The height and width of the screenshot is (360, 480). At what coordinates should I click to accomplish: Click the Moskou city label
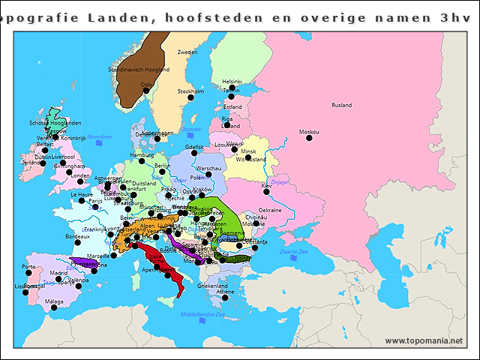click(x=309, y=132)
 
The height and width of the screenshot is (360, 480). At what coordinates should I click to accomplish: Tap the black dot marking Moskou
click(x=308, y=139)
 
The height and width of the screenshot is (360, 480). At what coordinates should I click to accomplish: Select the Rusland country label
click(x=341, y=105)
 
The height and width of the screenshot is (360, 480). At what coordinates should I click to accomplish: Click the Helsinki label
click(x=232, y=81)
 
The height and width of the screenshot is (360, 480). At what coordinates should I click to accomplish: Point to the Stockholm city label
click(x=190, y=91)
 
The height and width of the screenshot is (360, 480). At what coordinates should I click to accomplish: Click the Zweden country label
click(x=187, y=52)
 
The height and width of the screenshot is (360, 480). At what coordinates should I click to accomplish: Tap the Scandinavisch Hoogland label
click(x=138, y=69)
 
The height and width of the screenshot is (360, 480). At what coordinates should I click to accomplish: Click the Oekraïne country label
click(x=270, y=210)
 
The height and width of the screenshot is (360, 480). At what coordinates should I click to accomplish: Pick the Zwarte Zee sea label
click(x=292, y=251)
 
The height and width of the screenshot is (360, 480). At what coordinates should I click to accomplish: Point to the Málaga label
click(x=54, y=301)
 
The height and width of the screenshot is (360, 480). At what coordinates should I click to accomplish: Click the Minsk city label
click(x=248, y=151)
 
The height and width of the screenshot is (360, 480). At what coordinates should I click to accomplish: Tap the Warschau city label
click(x=208, y=169)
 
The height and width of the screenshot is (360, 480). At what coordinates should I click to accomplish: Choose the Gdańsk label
click(x=194, y=146)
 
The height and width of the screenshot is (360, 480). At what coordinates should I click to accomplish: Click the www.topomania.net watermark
click(x=424, y=340)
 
